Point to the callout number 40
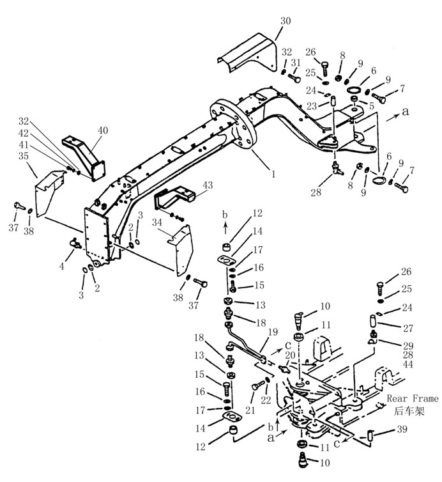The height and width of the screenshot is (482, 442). pyautogui.click(x=103, y=130)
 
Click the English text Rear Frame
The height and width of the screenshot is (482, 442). pyautogui.click(x=413, y=398)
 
